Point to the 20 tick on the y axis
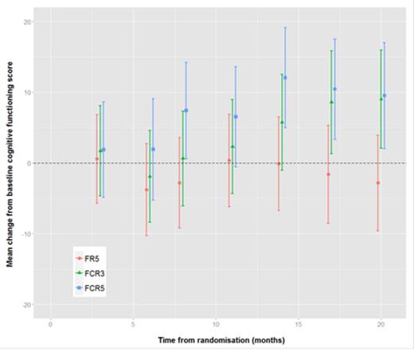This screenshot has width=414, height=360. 26,22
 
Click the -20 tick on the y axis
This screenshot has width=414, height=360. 25,304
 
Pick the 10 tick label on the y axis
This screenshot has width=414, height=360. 26,92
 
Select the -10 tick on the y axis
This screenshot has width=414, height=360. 25,234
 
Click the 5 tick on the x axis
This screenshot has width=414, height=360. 133,324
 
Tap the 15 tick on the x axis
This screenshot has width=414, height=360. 299,324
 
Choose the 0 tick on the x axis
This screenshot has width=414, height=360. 50,324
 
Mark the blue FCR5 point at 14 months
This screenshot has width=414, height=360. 285,78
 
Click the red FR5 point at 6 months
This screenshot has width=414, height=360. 146,190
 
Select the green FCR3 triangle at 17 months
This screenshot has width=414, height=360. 331,102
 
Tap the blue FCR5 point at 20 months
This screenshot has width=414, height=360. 385,96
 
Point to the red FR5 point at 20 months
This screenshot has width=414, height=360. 378,183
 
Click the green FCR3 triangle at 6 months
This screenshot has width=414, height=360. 150,176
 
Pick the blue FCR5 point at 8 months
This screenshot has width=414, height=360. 186,111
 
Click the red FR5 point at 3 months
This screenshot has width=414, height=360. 97,158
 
